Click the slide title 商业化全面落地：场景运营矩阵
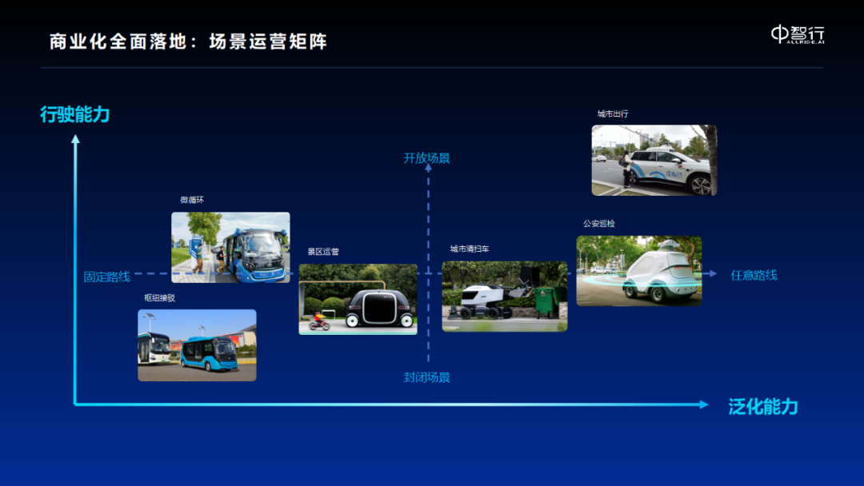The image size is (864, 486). (x=189, y=42)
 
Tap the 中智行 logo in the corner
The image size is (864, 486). (x=798, y=34)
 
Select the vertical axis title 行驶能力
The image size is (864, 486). (x=75, y=114)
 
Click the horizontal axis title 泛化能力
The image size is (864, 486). (x=763, y=407)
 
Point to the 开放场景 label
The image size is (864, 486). (x=426, y=158)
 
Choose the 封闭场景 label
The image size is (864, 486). (x=426, y=377)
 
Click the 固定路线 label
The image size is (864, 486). (x=107, y=277)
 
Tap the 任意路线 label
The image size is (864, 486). (x=754, y=275)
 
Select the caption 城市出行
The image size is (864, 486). (x=613, y=114)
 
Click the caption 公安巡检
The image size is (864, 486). (x=599, y=224)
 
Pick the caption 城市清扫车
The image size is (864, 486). (x=470, y=249)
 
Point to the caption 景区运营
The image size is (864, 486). (x=323, y=252)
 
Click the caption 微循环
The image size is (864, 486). (x=192, y=200)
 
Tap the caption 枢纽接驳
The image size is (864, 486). (x=160, y=298)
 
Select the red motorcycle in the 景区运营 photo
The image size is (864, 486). (x=319, y=323)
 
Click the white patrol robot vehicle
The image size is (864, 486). (x=659, y=273)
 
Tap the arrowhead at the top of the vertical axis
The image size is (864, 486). (x=75, y=139)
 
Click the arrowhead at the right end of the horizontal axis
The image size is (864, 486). (x=704, y=404)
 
